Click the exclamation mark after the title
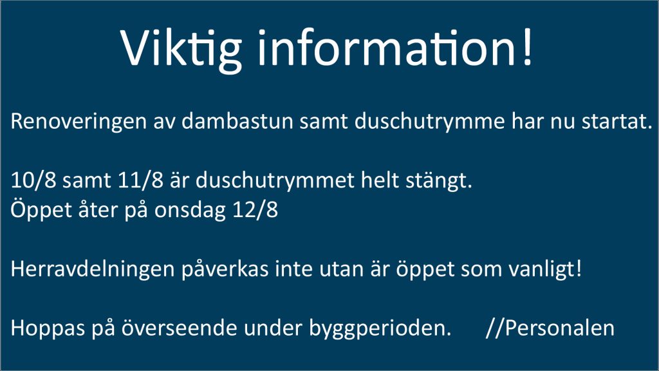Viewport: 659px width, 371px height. [x=528, y=47]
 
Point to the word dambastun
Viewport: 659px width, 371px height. [x=237, y=121]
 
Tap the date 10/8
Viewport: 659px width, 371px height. [x=33, y=180]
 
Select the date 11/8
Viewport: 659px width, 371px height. [x=140, y=180]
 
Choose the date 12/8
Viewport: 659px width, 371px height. [x=255, y=210]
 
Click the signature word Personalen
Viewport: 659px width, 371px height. [x=560, y=328]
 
